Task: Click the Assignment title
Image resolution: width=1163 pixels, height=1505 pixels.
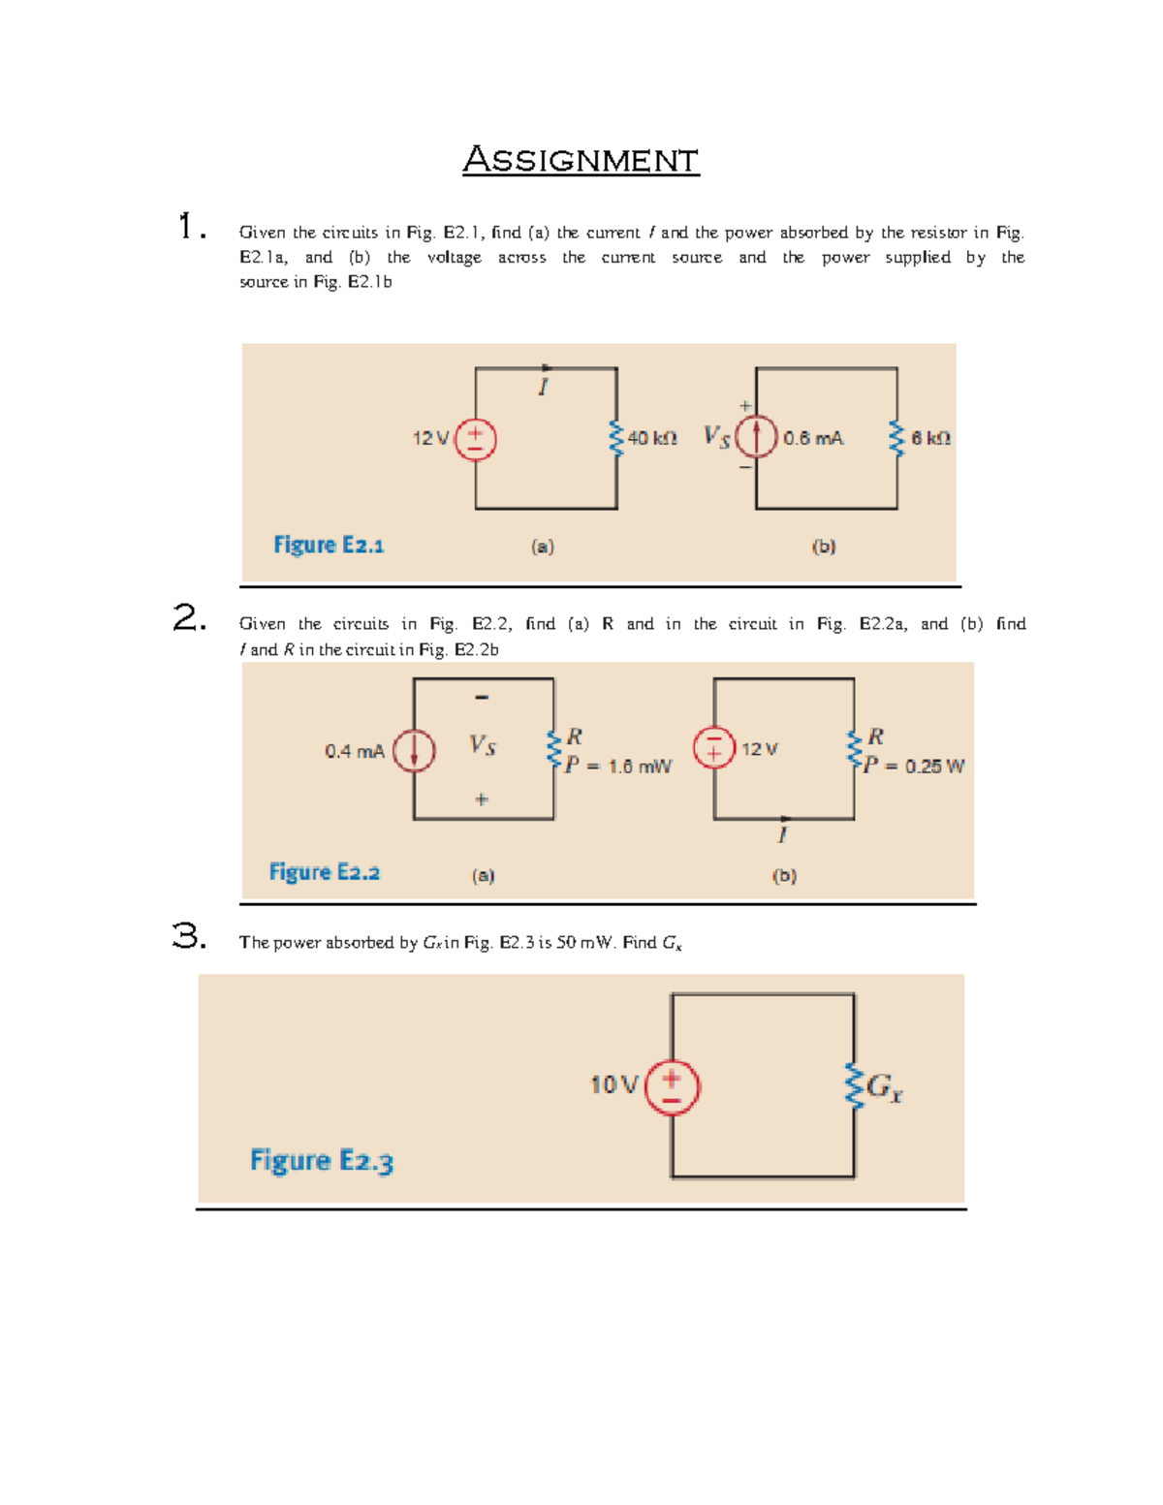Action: (581, 160)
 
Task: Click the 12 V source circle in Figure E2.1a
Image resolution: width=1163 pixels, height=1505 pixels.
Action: (476, 439)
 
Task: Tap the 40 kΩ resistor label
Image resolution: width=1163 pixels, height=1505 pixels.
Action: (652, 438)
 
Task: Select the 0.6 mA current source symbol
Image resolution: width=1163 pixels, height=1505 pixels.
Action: (757, 436)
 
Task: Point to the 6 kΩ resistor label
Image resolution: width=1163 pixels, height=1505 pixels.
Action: (930, 438)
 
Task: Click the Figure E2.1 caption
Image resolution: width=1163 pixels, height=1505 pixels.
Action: (329, 545)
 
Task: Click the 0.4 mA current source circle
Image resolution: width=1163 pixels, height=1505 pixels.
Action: (414, 751)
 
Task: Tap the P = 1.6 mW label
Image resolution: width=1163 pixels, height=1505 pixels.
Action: (618, 767)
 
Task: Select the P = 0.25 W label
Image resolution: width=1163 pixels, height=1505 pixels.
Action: (914, 767)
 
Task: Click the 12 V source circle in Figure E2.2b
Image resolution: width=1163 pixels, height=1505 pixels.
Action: (714, 748)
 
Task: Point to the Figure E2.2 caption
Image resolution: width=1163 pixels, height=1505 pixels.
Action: (325, 872)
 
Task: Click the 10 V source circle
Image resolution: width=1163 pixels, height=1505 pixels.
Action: (672, 1086)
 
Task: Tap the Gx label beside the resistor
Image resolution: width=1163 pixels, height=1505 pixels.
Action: (885, 1087)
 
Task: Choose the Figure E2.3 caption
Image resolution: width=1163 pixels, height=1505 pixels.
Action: (322, 1160)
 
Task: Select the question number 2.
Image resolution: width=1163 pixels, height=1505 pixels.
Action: (189, 617)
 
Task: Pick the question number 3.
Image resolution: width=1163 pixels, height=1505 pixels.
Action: (189, 936)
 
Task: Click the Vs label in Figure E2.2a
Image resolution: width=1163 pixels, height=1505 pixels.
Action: (483, 745)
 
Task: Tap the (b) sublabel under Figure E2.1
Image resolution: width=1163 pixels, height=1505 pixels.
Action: (824, 547)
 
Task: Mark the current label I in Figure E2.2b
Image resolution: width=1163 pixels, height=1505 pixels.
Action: (783, 834)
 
